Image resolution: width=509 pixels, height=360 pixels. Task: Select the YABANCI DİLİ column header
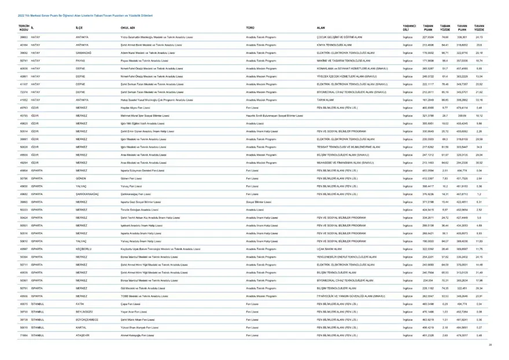click(410, 28)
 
